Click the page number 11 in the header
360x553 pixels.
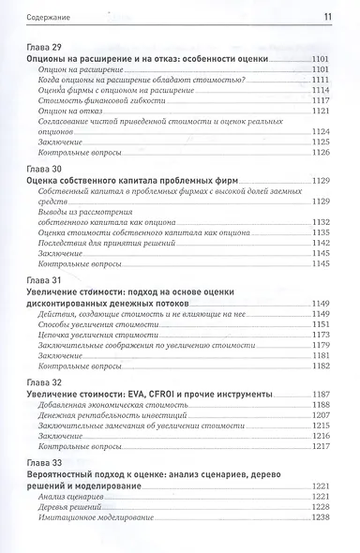click(327, 16)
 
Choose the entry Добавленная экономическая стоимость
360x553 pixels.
click(114, 405)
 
